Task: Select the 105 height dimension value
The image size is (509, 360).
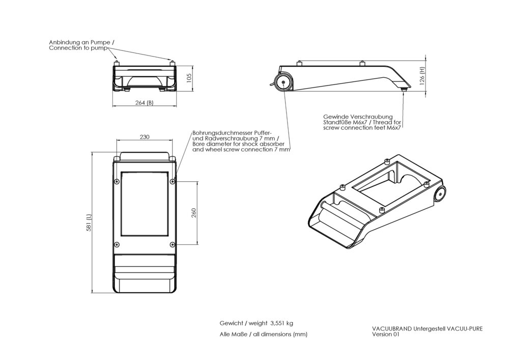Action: [188, 77]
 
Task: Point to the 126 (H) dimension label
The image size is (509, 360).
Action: [422, 76]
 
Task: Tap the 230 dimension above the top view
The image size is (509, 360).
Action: [145, 136]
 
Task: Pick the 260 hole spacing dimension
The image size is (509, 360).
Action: [193, 212]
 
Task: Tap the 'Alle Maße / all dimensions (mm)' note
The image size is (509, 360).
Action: [264, 334]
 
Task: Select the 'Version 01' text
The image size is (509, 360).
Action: [386, 335]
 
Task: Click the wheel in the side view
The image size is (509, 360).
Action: [282, 82]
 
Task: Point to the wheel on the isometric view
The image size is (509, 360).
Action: [440, 194]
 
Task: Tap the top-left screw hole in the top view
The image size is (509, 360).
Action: [117, 181]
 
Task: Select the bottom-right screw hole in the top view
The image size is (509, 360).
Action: [173, 243]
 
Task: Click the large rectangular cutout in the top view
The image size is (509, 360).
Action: [144, 204]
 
